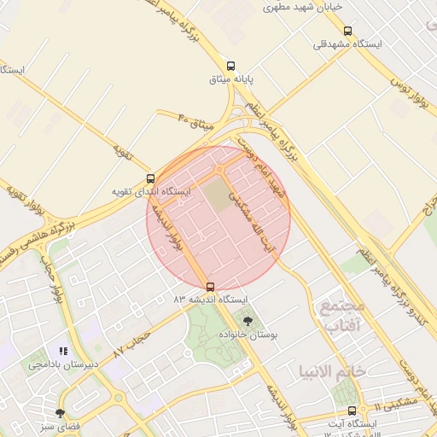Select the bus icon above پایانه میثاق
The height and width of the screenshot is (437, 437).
click(230, 65)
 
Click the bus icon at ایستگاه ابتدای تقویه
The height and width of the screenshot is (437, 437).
click(151, 179)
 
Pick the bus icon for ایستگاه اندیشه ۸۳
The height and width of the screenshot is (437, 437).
click(211, 287)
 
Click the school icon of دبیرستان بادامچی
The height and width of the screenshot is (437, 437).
click(62, 351)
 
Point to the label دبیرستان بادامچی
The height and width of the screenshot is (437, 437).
click(63, 364)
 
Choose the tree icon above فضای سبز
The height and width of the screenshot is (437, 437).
click(59, 412)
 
